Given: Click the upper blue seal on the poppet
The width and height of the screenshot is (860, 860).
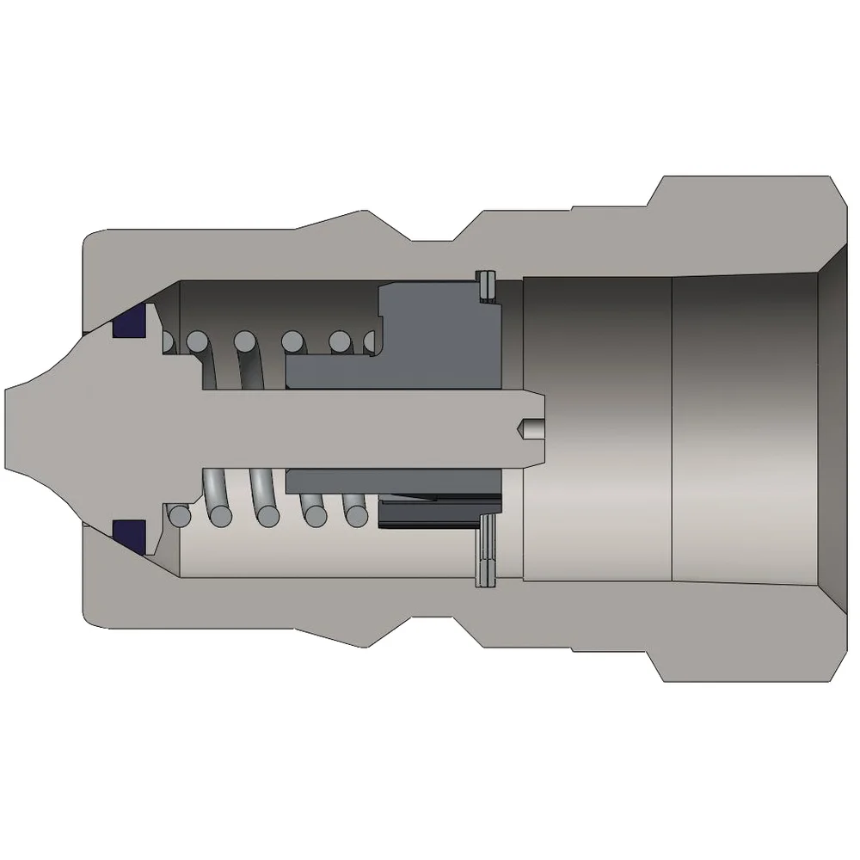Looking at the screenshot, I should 129,323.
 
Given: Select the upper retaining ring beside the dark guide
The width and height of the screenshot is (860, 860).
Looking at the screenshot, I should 487,287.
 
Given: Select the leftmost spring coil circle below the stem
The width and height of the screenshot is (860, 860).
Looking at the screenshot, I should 180,516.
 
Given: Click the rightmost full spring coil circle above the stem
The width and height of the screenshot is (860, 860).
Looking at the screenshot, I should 341,342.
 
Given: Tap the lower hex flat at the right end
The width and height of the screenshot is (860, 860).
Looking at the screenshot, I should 740,664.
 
